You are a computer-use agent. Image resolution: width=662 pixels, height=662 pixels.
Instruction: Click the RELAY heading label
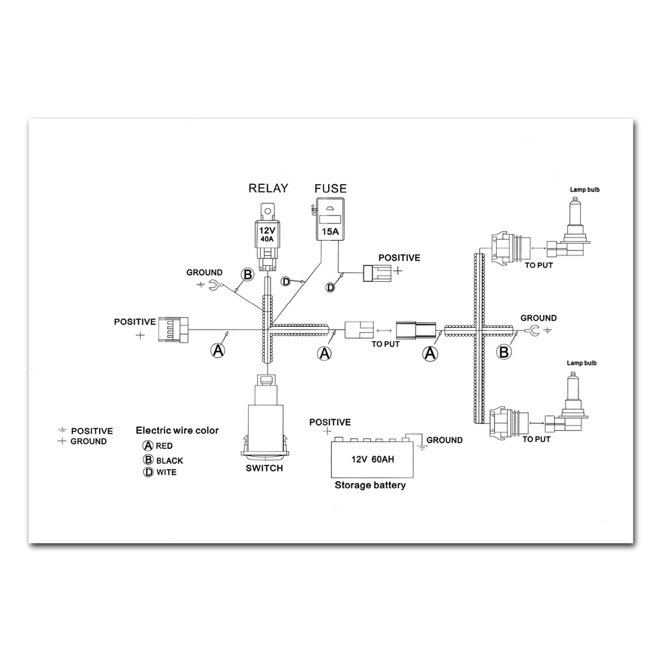click(x=268, y=188)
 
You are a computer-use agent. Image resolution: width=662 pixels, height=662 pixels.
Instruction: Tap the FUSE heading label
click(x=331, y=188)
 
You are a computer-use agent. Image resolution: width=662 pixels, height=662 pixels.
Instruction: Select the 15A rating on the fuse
click(x=330, y=232)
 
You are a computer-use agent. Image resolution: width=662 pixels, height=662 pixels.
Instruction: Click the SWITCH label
click(x=264, y=468)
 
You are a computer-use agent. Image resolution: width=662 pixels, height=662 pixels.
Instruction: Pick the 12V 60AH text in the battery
click(x=372, y=459)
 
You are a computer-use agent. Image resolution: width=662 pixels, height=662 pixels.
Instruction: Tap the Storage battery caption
click(x=370, y=485)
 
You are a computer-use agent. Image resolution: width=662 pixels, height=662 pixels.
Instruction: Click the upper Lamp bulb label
click(x=585, y=190)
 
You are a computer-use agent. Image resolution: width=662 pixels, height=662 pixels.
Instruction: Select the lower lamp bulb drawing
click(x=567, y=406)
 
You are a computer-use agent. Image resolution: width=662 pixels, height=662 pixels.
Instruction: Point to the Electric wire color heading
click(x=177, y=430)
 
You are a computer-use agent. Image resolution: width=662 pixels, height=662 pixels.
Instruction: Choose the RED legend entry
click(x=158, y=446)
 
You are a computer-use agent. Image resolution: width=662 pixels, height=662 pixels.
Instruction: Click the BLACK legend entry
click(x=163, y=460)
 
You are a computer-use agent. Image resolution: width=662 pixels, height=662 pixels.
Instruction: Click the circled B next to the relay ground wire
click(x=248, y=275)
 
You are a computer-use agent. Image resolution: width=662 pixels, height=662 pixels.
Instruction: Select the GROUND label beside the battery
click(x=444, y=440)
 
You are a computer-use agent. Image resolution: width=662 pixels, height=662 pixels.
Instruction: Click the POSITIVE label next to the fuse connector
click(x=399, y=258)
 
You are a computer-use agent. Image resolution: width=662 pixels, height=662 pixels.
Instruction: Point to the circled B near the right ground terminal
click(x=504, y=352)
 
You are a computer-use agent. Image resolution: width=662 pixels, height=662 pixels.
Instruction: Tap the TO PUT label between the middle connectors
click(x=385, y=344)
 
